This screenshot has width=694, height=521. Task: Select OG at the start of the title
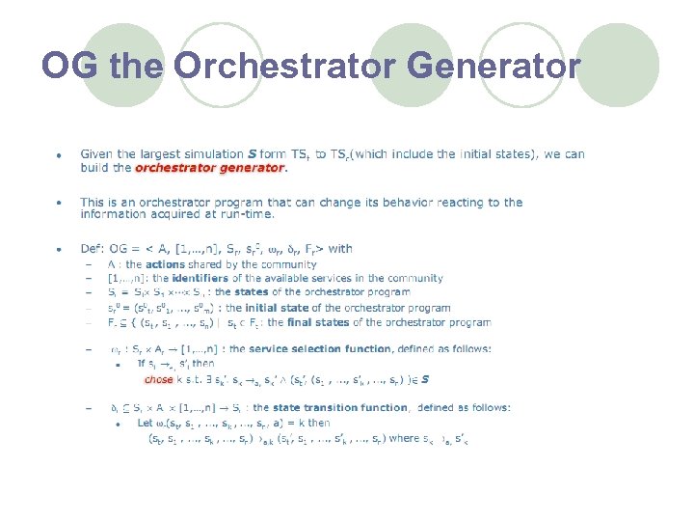[72, 67]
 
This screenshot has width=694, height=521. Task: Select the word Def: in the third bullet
[93, 249]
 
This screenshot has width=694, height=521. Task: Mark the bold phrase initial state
[276, 308]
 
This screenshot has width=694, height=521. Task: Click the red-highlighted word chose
[158, 379]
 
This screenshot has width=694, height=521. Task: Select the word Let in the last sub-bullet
[145, 423]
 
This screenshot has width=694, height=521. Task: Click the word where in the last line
[404, 439]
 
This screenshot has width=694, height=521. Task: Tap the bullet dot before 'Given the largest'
[59, 154]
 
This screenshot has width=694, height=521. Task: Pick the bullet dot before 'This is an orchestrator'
[59, 204]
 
